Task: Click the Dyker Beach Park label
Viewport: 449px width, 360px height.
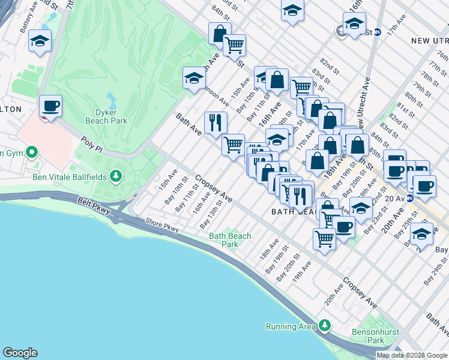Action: [110, 116]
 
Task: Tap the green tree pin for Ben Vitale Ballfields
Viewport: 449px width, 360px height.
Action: [116, 176]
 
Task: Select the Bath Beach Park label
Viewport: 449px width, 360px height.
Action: [230, 240]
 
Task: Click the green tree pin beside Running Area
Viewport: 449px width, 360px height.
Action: [325, 326]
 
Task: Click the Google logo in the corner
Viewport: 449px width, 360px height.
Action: [20, 353]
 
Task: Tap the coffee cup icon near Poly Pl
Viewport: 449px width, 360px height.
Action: [51, 107]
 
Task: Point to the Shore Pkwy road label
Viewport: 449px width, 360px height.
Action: [161, 225]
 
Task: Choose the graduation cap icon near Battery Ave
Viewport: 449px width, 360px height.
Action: [40, 41]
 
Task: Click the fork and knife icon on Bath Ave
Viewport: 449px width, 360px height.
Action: [215, 123]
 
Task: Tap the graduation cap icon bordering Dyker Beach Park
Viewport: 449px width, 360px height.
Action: [194, 78]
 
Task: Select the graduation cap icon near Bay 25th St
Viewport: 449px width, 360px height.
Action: [421, 234]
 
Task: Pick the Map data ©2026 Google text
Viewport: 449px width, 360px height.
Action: [412, 355]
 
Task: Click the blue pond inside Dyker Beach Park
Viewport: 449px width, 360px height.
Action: [112, 98]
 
